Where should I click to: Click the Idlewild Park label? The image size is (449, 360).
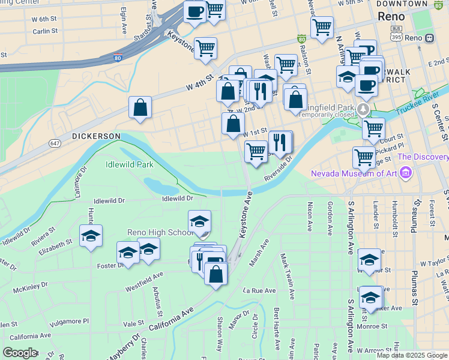[129, 164]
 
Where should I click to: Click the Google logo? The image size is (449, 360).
[20, 353]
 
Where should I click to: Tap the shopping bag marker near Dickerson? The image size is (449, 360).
[140, 109]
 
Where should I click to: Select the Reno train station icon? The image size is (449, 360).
[429, 38]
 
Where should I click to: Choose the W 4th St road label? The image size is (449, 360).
[200, 82]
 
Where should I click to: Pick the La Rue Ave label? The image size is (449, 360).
[259, 290]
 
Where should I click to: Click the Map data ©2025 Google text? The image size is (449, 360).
[412, 355]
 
